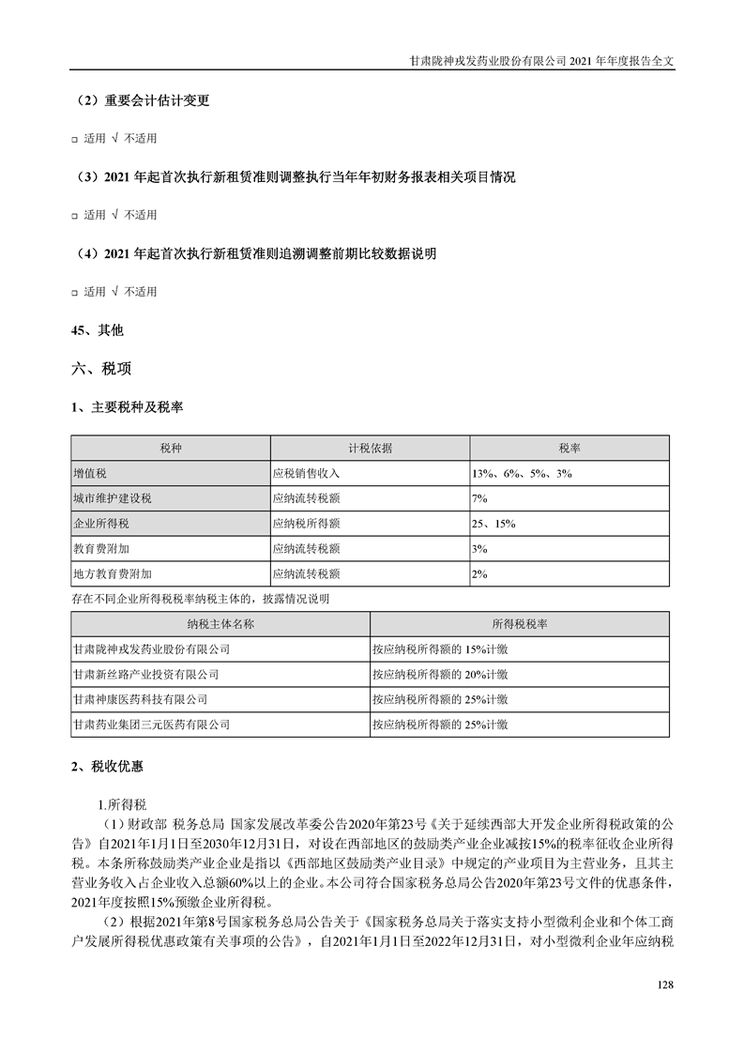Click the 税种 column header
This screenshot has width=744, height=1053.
point(171,448)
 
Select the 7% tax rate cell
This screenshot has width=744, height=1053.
point(479,498)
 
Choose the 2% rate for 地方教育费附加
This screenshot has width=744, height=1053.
point(479,572)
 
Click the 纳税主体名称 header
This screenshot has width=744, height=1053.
point(221,623)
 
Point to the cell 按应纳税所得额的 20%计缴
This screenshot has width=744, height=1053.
point(440,674)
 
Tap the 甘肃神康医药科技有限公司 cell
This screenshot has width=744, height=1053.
point(140,699)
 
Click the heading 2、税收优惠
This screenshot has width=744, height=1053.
point(108,767)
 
